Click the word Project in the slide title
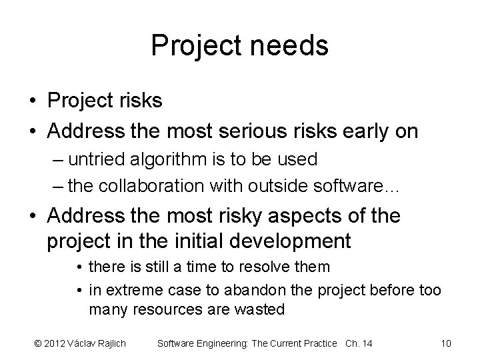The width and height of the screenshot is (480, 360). [x=193, y=46]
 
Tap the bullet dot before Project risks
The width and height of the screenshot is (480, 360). [x=32, y=101]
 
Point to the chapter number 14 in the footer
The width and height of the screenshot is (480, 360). [x=366, y=343]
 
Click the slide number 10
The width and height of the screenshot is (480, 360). [x=446, y=343]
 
